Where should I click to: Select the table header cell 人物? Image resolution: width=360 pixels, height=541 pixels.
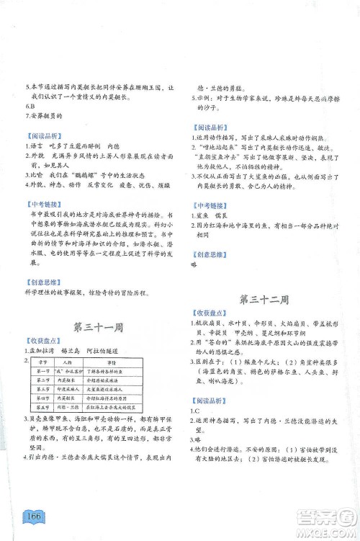coord(68,362)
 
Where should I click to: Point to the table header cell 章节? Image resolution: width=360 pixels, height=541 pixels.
coord(40,362)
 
